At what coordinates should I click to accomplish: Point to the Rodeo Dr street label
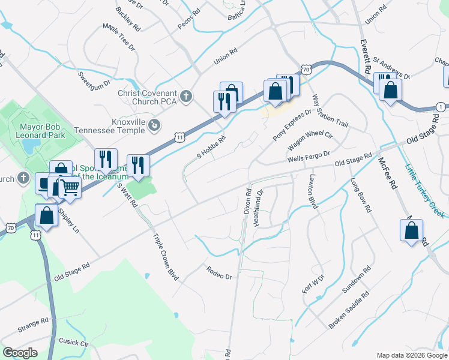pyautogui.click(x=219, y=273)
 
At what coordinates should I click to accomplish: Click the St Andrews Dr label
pyautogui.click(x=391, y=68)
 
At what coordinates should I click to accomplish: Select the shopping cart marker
pyautogui.click(x=70, y=187)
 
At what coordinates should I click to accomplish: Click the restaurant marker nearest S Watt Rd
pyautogui.click(x=138, y=165)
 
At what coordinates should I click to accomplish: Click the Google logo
pyautogui.click(x=20, y=352)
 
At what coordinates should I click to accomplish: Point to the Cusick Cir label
pyautogui.click(x=73, y=342)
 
